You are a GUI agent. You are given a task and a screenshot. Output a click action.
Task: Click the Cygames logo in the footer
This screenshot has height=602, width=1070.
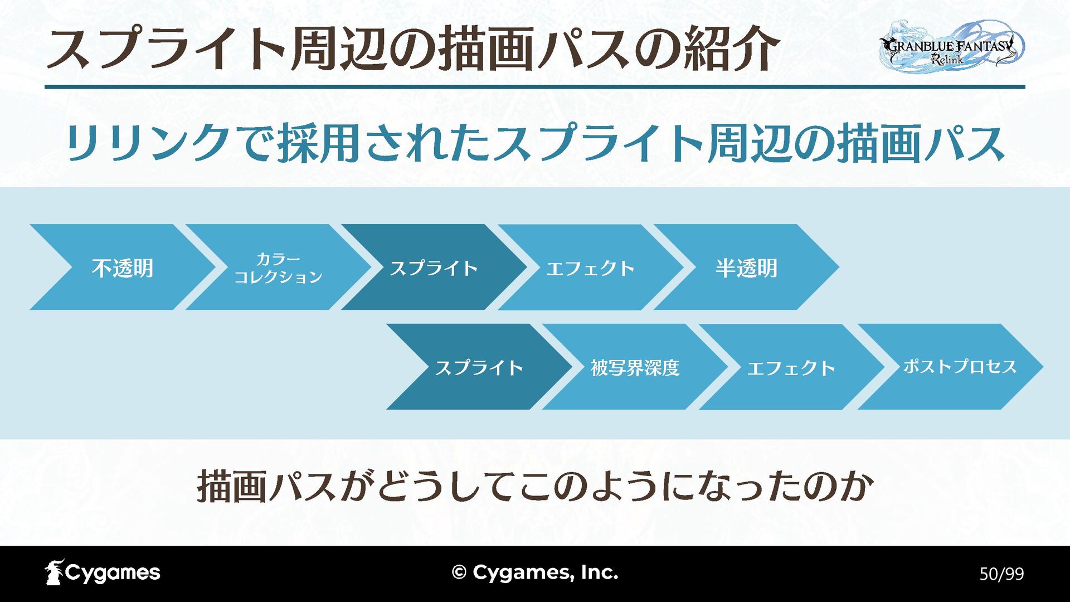[x=103, y=572]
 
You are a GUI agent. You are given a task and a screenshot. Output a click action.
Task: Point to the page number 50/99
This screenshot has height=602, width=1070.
[x=1001, y=574]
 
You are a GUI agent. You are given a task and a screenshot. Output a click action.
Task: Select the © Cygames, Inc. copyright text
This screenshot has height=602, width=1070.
[x=535, y=572]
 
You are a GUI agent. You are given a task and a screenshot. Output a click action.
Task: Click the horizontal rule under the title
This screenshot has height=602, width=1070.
[x=535, y=87]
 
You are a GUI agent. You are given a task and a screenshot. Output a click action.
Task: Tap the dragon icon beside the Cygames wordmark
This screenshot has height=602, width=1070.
[x=54, y=572]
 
